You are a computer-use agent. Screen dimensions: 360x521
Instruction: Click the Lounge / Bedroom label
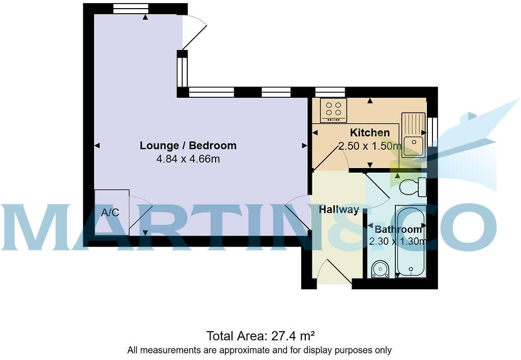188,146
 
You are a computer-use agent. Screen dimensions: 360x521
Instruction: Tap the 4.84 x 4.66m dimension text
188,159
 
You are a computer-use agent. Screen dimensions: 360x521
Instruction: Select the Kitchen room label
370,133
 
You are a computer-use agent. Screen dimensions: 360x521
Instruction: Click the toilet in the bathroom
414,187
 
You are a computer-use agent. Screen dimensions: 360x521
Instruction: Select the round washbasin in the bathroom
380,269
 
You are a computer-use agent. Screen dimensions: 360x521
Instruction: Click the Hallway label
339,209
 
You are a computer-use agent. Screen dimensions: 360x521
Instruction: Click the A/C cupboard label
110,212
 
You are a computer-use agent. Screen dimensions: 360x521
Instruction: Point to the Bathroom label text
398,230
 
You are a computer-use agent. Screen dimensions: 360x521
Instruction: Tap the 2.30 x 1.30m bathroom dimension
398,242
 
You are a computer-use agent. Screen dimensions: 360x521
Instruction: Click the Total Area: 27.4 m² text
260,336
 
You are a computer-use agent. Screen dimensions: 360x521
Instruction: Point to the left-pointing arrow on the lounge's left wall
97,146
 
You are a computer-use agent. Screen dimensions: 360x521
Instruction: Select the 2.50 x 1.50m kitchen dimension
370,147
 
